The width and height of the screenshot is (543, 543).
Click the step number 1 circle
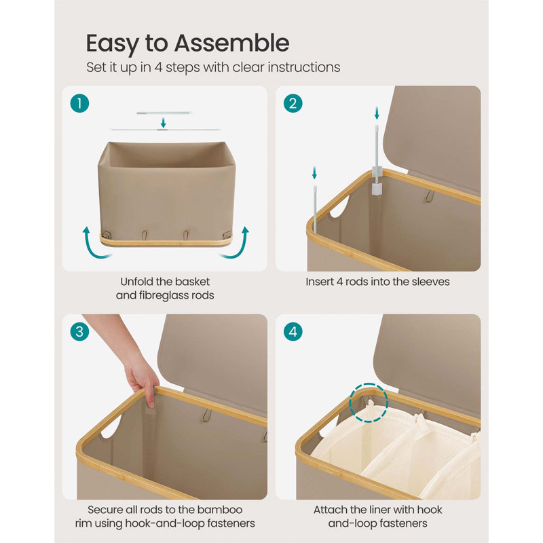coord(79,103)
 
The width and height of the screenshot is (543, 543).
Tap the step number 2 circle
coord(293,103)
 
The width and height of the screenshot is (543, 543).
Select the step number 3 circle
coord(79,331)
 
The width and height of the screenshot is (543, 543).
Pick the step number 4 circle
coord(293,331)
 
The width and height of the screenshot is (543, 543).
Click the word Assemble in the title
coord(231,43)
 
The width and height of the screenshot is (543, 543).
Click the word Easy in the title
coord(113,44)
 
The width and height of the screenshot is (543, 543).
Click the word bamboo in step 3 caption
coord(219,510)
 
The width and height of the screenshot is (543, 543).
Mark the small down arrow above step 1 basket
coord(163,122)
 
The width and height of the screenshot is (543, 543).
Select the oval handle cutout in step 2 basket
coord(339,207)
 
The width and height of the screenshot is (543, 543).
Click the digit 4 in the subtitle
coord(158,67)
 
